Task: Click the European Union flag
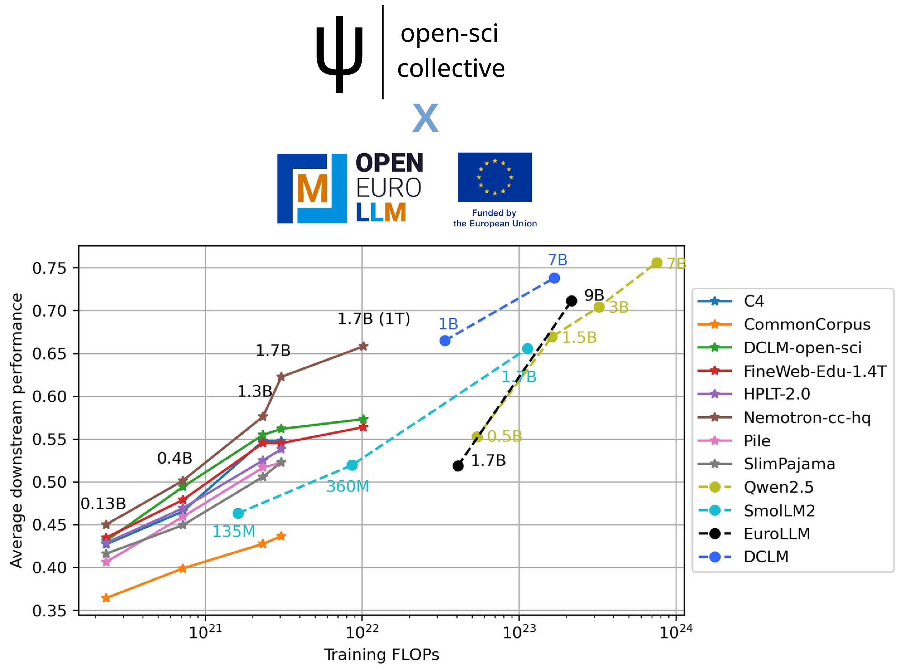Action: pos(494,177)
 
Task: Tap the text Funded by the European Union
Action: pos(494,218)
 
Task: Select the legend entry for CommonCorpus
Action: pos(806,324)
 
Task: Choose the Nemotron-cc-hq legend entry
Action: pos(806,417)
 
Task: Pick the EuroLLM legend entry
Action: pos(776,534)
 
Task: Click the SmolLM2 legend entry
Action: pos(779,511)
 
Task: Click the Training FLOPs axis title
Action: pos(381,655)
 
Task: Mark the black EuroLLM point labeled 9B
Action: pos(571,301)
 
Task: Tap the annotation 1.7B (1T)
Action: pos(374,319)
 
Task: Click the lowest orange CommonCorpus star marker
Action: pos(106,598)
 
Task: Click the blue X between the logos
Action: pos(425,118)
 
